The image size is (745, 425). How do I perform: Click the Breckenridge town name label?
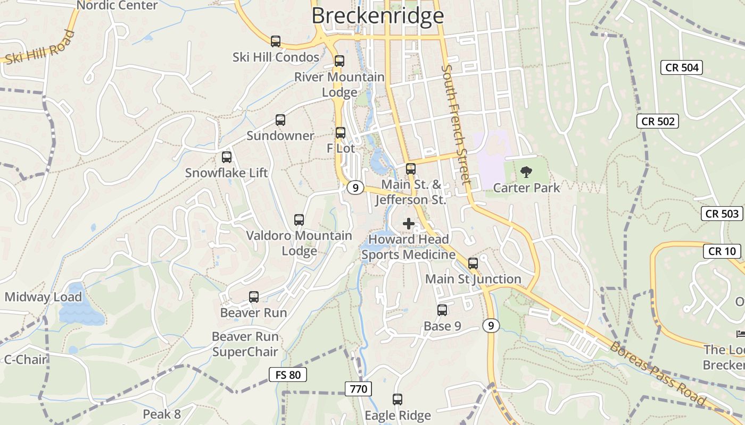pyautogui.click(x=377, y=15)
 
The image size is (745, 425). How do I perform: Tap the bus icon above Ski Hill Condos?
pyautogui.click(x=276, y=41)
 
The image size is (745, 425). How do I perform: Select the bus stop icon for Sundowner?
pyautogui.click(x=280, y=120)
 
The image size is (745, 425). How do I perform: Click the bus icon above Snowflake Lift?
pyautogui.click(x=227, y=157)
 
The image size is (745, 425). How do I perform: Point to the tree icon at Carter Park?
pyautogui.click(x=526, y=172)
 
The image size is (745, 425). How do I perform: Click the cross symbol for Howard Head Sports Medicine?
pyautogui.click(x=409, y=224)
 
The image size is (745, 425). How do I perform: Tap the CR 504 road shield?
pyautogui.click(x=682, y=67)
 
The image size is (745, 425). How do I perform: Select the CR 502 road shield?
pyautogui.click(x=658, y=121)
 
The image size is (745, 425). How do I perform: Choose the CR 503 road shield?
pyautogui.click(x=722, y=214)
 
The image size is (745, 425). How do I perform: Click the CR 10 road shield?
pyautogui.click(x=722, y=251)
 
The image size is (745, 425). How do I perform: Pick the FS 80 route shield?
pyautogui.click(x=288, y=375)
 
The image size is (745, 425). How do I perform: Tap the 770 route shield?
pyautogui.click(x=359, y=389)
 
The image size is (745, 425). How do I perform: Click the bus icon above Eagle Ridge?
pyautogui.click(x=398, y=399)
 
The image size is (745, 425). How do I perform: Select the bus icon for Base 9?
pyautogui.click(x=442, y=310)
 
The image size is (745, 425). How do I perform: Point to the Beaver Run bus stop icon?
pyautogui.click(x=254, y=297)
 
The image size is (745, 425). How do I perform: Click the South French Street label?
pyautogui.click(x=457, y=125)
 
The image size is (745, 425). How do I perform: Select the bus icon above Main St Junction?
pyautogui.click(x=473, y=263)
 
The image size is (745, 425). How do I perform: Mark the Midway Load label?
pyautogui.click(x=44, y=297)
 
